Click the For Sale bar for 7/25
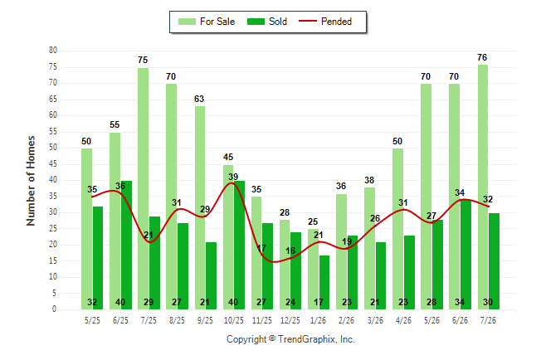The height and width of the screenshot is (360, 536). tap(144, 188)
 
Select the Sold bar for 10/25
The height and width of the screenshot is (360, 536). tap(239, 246)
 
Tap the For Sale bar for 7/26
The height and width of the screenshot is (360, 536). tap(483, 187)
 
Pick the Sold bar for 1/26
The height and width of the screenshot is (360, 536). tap(324, 282)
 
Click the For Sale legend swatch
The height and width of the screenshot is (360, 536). tap(187, 22)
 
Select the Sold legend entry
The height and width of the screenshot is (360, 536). tap(267, 22)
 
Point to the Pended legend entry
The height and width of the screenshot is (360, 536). tap(325, 22)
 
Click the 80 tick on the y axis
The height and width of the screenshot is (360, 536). tap(53, 51)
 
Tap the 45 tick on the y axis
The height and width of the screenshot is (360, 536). tap(53, 164)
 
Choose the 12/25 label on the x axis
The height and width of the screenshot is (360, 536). tap(290, 320)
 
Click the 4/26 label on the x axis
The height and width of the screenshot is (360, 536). tap(403, 320)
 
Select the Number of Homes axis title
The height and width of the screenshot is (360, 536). tap(31, 181)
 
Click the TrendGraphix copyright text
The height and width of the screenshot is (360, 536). tap(290, 339)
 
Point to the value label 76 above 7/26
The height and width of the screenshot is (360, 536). tap(482, 57)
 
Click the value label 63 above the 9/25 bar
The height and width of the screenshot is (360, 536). tap(199, 99)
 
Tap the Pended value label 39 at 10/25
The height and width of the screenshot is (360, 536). tap(233, 177)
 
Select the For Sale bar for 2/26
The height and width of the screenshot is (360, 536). tap(341, 251)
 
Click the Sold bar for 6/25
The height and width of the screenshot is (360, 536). tap(126, 246)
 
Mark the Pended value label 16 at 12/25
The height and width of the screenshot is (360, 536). tap(290, 251)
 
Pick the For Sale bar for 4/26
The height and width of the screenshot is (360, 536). tap(398, 229)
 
